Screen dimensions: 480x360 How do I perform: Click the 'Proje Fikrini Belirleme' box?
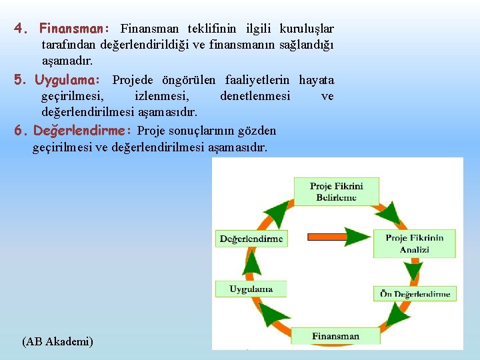[336, 191]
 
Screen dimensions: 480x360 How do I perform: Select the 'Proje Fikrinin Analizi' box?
[414, 243]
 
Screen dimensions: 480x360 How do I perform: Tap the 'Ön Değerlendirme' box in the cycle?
[415, 293]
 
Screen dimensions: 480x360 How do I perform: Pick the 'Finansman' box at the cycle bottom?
[335, 336]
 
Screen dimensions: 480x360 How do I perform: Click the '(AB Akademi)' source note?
[57, 341]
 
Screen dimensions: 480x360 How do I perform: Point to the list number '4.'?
[22, 29]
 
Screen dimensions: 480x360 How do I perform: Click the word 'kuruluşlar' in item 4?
[307, 29]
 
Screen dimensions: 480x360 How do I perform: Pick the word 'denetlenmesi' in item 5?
[255, 96]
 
